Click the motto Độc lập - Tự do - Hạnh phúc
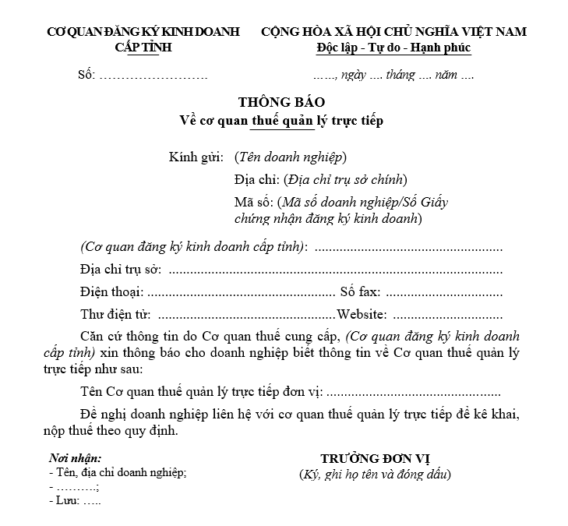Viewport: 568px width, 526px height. point(393,48)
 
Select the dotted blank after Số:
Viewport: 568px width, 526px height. point(153,76)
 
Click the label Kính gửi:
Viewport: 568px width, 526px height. point(196,157)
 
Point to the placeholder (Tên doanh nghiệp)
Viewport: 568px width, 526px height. point(290,157)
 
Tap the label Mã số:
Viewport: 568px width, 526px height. point(250,203)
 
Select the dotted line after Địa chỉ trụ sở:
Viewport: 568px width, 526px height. point(335,270)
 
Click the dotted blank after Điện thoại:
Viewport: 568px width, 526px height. point(241,293)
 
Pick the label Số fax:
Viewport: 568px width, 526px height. point(360,293)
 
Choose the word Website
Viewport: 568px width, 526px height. point(362,316)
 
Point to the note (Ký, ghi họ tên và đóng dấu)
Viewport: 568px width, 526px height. point(375,474)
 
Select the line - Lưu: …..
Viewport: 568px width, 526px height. point(75,501)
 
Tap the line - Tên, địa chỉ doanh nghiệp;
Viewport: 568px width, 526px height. point(118,472)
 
